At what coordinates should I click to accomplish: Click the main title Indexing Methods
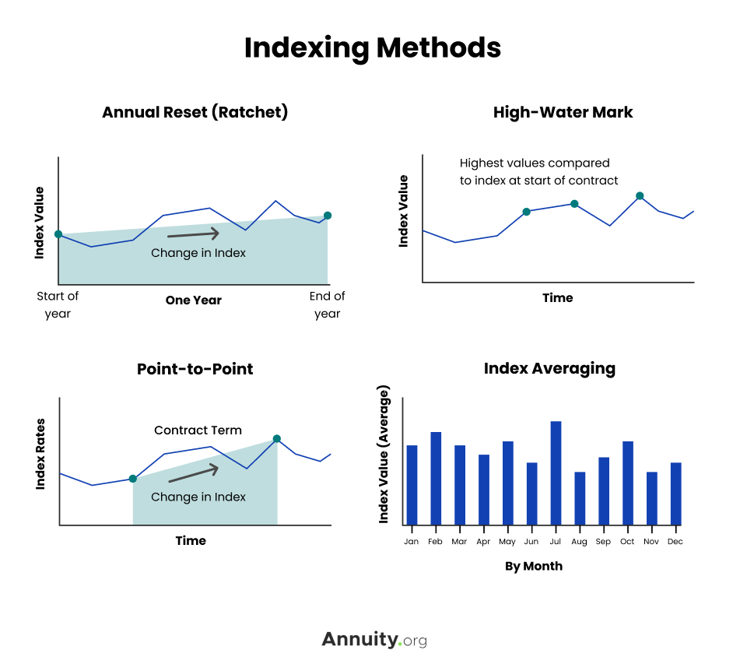click(373, 48)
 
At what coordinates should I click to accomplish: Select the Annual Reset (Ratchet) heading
click(195, 112)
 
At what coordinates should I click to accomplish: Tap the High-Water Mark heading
click(563, 112)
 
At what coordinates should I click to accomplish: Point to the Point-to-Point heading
click(195, 368)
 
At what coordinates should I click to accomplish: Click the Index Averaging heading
click(549, 368)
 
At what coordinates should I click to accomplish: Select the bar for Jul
click(556, 473)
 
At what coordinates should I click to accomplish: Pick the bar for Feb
click(436, 478)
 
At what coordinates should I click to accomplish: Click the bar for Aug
click(580, 498)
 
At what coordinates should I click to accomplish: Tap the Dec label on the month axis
click(675, 541)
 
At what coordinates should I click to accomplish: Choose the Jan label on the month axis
click(412, 541)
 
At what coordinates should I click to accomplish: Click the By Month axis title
click(533, 566)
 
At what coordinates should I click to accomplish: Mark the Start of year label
click(58, 304)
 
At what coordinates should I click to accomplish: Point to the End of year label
click(328, 304)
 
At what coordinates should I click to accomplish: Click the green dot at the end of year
click(328, 216)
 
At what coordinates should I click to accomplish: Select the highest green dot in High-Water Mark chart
click(640, 196)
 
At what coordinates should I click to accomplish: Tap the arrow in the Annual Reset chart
click(194, 234)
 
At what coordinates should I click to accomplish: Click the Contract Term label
click(198, 430)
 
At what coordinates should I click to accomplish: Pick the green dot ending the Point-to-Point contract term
click(277, 439)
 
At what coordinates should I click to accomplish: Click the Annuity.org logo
click(374, 640)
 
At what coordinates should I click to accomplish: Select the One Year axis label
click(193, 300)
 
